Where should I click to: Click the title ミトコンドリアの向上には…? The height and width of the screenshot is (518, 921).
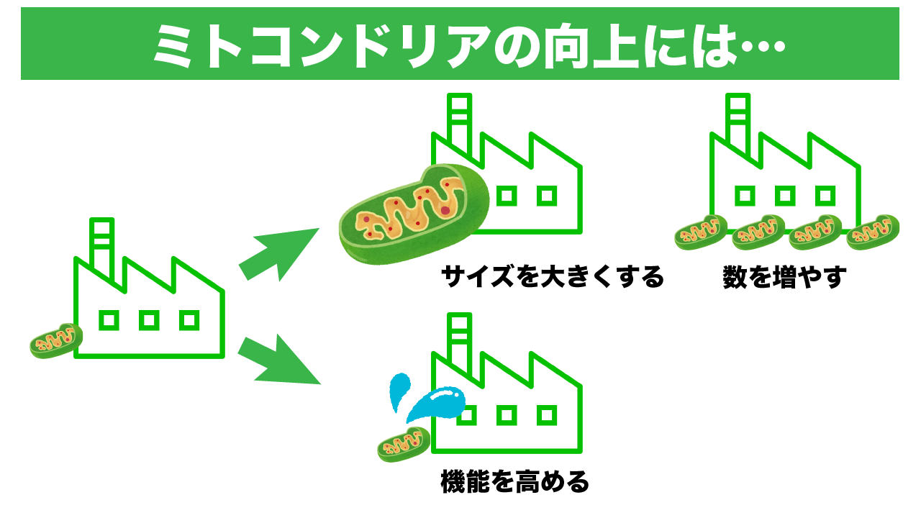460,45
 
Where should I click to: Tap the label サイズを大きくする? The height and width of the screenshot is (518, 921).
552,277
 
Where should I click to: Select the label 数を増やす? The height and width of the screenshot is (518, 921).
784,277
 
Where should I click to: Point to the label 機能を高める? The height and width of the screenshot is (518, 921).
514,481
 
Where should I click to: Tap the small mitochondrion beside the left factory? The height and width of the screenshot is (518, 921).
55,340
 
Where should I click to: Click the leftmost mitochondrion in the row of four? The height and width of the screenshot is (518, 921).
701,232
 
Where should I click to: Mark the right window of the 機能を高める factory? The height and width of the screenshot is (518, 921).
548,414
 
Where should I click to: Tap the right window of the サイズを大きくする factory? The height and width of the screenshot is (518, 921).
548,194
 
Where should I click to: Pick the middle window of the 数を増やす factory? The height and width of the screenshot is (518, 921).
785,194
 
